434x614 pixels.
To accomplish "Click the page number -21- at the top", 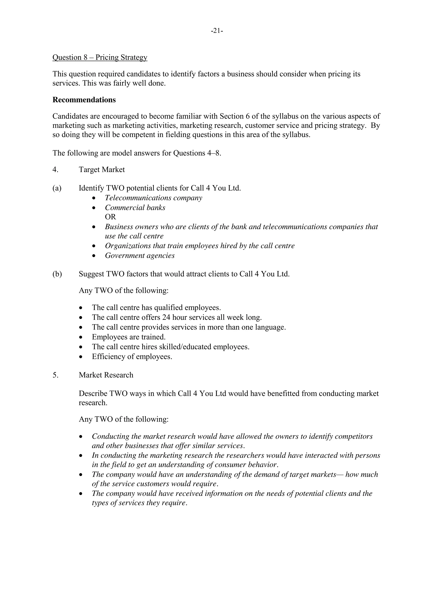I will (217, 31).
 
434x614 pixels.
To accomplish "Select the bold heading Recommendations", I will (84, 100).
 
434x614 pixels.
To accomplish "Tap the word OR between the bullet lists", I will (110, 217).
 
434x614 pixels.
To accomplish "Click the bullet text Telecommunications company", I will (153, 198).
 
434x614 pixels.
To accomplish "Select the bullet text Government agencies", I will (140, 256).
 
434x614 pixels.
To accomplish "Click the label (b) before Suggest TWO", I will (57, 274).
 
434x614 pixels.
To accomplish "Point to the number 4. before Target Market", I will (55, 169).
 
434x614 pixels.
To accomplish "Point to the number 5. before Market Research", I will (55, 375).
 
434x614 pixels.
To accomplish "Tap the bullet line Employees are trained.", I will (129, 337).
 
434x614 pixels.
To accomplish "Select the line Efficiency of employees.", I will (132, 357).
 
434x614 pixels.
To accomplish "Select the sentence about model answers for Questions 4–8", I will (137, 153).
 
